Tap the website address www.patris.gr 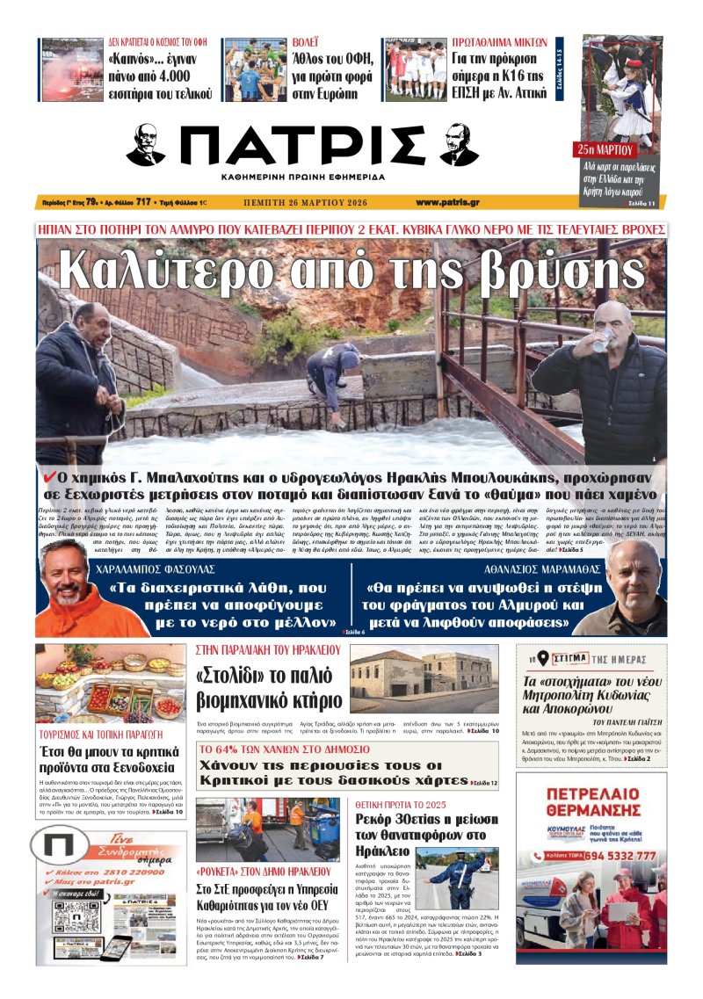pyautogui.click(x=447, y=202)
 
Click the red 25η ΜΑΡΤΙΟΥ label pyautogui.click(x=605, y=148)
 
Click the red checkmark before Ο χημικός pyautogui.click(x=50, y=475)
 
